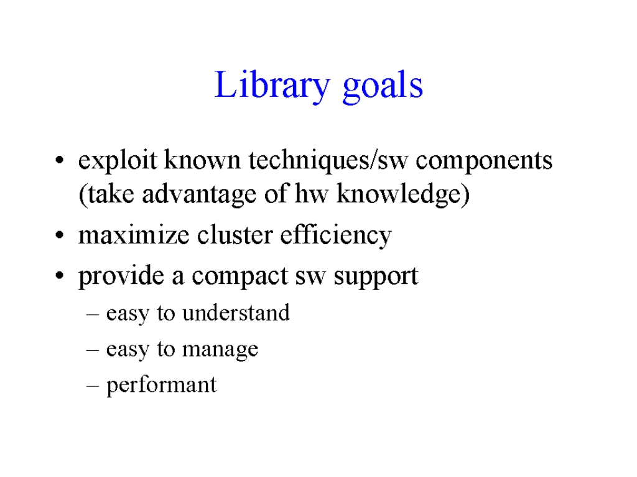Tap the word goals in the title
(383, 86)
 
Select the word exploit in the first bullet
(118, 160)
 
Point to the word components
(484, 161)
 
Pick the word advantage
(199, 194)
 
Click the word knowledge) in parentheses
(403, 194)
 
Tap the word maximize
(134, 235)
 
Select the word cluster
(235, 235)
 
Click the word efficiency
(336, 236)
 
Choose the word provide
(121, 276)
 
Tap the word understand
(236, 313)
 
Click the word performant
(161, 385)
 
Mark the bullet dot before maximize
(60, 235)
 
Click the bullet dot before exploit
(60, 160)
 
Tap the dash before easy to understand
(93, 314)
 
